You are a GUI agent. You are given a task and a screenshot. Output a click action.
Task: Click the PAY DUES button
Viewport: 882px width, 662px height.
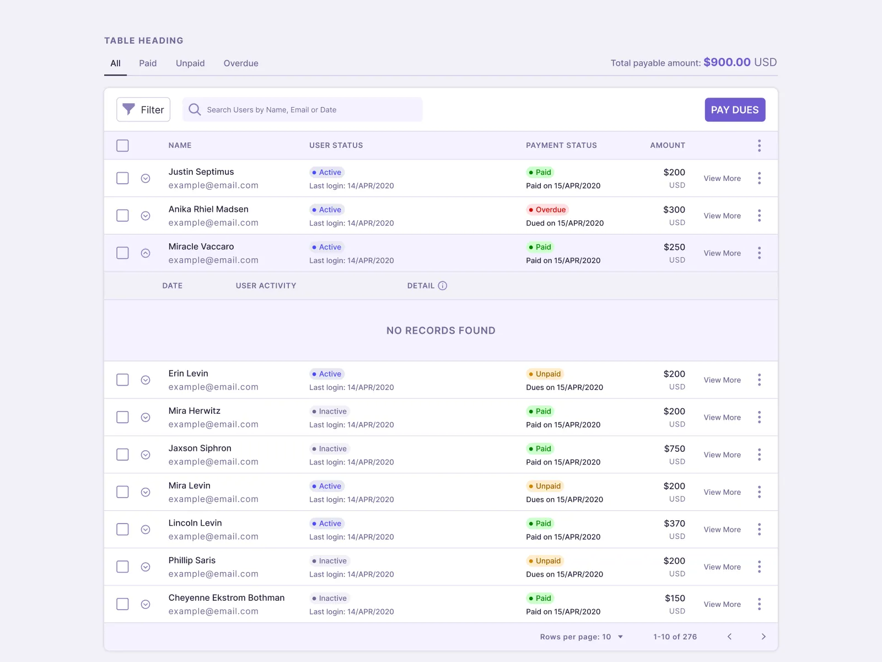tap(734, 110)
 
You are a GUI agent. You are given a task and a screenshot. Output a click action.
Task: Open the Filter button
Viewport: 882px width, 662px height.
tap(143, 110)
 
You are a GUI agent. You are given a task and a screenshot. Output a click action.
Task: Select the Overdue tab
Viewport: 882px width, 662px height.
tap(241, 63)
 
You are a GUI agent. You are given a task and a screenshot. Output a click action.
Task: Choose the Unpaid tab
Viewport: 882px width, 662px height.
tap(190, 63)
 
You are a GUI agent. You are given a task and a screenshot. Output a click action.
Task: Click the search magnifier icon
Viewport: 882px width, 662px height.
tap(195, 110)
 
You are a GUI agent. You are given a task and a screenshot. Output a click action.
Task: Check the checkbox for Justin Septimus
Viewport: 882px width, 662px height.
tap(122, 178)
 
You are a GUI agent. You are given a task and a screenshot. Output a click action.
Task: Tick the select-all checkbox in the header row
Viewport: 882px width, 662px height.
tap(122, 146)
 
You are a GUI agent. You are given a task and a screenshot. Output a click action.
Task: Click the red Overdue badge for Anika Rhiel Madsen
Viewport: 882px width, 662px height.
tap(547, 210)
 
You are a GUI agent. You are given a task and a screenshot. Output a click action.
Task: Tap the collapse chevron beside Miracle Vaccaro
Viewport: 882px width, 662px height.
tap(146, 253)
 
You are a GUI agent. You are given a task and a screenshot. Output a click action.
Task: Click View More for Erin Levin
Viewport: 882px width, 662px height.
tap(722, 380)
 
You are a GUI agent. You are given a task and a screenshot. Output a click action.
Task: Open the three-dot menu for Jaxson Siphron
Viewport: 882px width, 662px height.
tap(759, 455)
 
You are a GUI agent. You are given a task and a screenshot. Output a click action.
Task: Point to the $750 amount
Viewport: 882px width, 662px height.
tap(674, 449)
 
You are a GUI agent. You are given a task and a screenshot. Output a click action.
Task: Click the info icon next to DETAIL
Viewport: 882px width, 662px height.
tap(443, 286)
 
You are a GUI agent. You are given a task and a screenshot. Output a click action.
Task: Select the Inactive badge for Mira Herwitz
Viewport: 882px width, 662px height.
tap(330, 412)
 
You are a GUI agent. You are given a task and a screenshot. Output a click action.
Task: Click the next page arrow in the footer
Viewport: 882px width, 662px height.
tap(763, 637)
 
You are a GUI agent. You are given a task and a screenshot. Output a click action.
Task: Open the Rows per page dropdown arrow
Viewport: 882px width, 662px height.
tap(620, 637)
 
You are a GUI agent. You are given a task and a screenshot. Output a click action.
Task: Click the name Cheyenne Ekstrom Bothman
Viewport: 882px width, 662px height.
tap(227, 598)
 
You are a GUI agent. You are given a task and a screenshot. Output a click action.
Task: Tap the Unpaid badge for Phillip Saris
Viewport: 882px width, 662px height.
tap(545, 561)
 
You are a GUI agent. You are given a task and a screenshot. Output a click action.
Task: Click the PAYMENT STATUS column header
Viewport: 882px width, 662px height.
tap(561, 146)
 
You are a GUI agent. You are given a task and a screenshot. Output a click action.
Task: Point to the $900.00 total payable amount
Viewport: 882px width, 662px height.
tap(727, 62)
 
